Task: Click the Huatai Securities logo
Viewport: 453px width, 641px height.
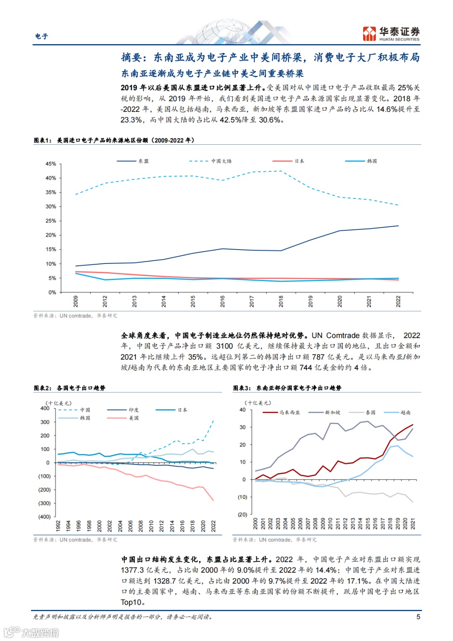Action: click(x=391, y=34)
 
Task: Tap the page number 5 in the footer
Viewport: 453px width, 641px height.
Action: click(x=418, y=616)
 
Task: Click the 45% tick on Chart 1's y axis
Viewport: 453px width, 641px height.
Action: click(x=51, y=164)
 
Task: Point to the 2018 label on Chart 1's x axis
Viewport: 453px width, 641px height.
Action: click(x=281, y=301)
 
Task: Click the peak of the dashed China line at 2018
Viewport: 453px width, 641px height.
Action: click(x=281, y=171)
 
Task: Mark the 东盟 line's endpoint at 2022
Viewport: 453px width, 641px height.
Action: click(x=398, y=226)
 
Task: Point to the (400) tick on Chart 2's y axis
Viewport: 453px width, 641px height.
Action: click(x=44, y=517)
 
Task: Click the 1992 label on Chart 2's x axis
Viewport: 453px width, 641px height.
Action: click(x=58, y=526)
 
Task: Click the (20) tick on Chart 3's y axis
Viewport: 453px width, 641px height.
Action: click(x=242, y=514)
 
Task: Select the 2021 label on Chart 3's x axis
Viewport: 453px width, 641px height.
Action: click(x=413, y=523)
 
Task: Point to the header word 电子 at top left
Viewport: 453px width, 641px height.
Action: click(x=42, y=36)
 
